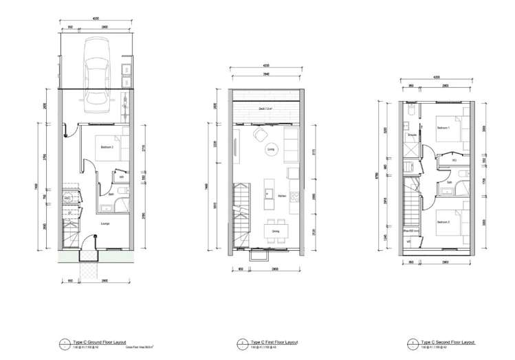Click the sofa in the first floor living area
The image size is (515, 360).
coord(292,145)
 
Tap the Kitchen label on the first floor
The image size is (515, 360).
coord(283,196)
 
